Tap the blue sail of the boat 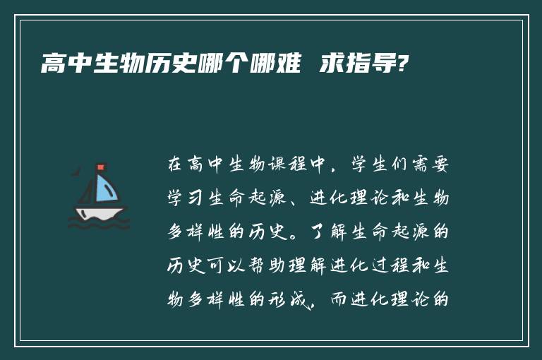(105, 188)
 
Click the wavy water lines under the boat (99, 224)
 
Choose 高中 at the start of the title (65, 66)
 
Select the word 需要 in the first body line (433, 166)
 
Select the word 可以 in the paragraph (219, 265)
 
